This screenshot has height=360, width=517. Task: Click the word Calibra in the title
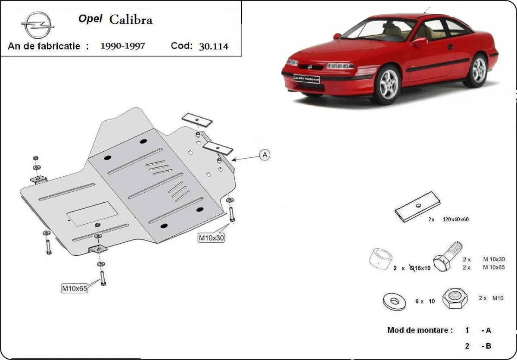131,19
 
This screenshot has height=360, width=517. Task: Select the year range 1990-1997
122,46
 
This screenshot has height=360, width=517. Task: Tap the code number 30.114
213,46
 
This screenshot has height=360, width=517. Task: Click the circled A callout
265,155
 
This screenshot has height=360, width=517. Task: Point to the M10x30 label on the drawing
211,237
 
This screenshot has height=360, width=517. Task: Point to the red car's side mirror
419,41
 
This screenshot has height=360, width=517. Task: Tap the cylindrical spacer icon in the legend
380,259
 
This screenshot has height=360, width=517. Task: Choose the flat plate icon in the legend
417,207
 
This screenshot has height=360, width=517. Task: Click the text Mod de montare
420,330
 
